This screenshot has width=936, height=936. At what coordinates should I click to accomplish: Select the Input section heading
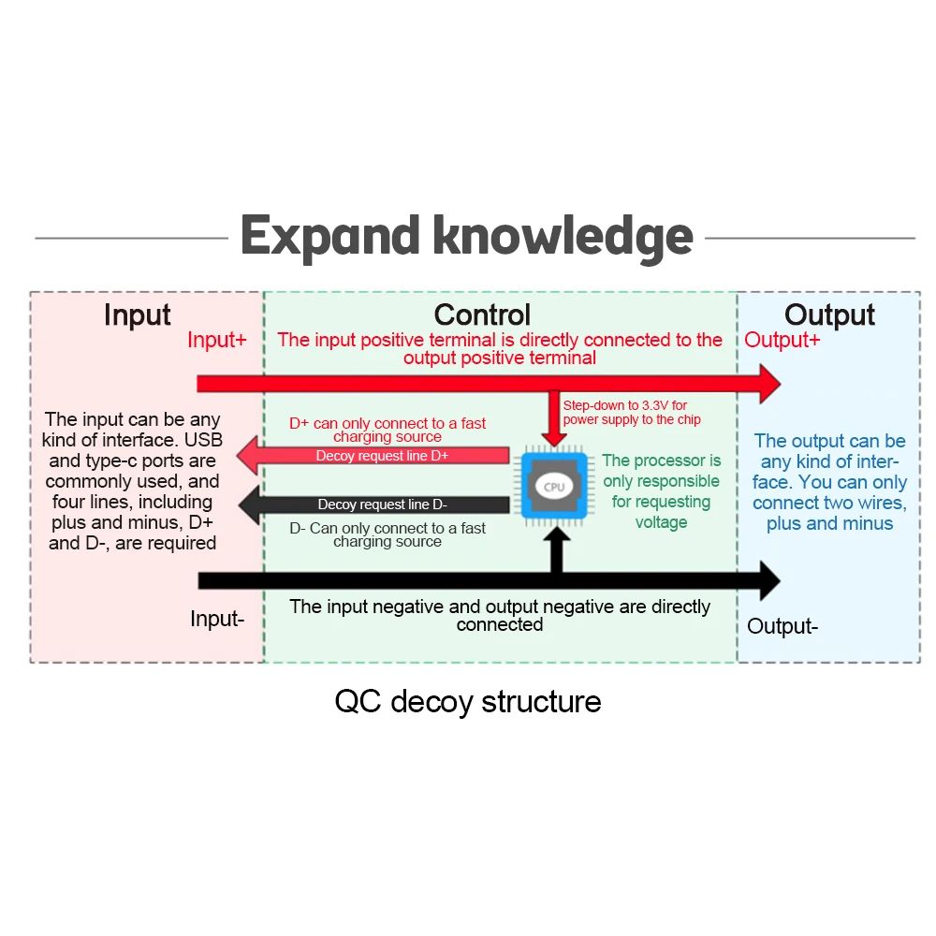[138, 315]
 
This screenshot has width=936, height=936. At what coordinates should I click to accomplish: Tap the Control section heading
[482, 315]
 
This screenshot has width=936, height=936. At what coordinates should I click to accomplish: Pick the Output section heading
[829, 315]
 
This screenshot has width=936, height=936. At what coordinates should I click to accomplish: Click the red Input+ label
[217, 340]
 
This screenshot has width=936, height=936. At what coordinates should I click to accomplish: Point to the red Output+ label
[782, 340]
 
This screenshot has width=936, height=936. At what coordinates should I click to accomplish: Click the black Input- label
[217, 619]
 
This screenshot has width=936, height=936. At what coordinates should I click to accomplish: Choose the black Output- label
[782, 626]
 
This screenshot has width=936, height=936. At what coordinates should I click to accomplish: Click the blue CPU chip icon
[554, 487]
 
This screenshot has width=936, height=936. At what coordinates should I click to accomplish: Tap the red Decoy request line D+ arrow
[374, 457]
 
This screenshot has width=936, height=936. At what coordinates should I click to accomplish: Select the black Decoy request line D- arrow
[374, 505]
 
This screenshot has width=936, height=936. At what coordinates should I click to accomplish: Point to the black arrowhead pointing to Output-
[769, 580]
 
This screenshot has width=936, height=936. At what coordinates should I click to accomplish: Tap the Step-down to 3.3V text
[632, 413]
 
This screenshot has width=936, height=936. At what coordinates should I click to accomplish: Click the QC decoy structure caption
[468, 701]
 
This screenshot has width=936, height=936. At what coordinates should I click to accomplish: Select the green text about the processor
[661, 491]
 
